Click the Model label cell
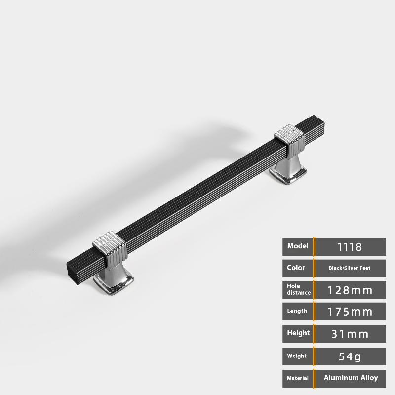(x=298, y=246)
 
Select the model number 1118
(x=350, y=247)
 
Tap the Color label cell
(x=298, y=268)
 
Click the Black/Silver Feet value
(x=350, y=268)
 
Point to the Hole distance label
(x=299, y=289)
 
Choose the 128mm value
(x=350, y=290)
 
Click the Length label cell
(x=298, y=312)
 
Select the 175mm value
(x=350, y=312)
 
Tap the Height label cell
(x=298, y=334)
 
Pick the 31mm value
(x=350, y=334)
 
